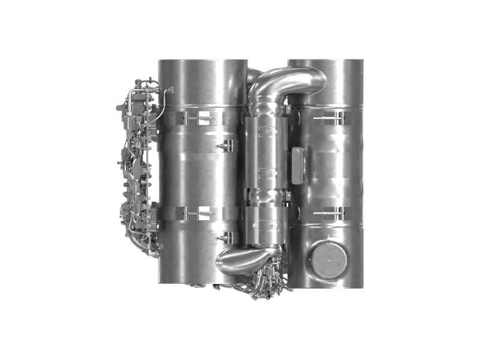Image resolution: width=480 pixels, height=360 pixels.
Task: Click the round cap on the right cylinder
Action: pos(329,260)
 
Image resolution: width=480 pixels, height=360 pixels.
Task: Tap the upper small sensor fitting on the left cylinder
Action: pos(226,145)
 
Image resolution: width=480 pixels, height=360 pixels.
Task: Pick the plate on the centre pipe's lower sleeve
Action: pos(266,225)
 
